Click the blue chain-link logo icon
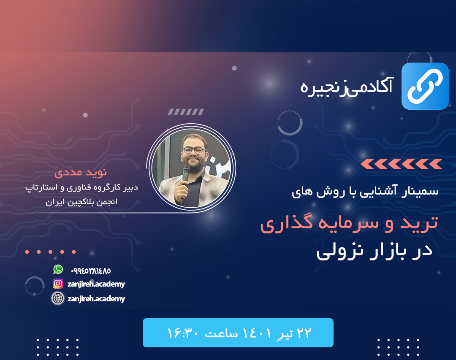(x=425, y=86)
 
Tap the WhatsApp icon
(x=58, y=269)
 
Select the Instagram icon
(x=58, y=284)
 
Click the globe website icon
(x=58, y=298)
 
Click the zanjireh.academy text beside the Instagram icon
(x=96, y=284)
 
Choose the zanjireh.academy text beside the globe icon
(x=96, y=299)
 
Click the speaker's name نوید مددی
(x=81, y=173)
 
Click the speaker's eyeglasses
(x=193, y=150)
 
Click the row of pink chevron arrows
(x=401, y=164)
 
